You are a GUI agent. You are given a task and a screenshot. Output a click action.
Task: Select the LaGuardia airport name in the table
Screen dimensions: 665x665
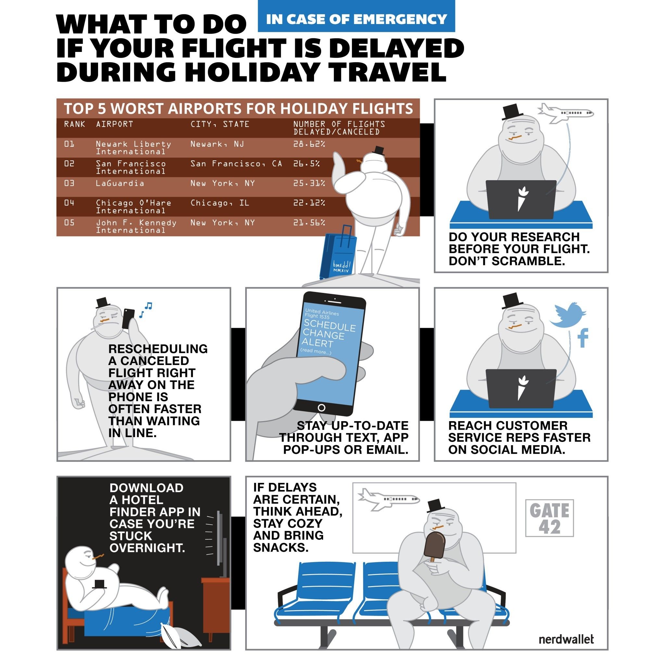[x=120, y=183]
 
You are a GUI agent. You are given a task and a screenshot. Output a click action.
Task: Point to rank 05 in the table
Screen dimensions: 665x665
[x=69, y=223]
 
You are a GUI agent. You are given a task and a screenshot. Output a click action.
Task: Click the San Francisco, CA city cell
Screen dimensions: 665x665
[x=236, y=164]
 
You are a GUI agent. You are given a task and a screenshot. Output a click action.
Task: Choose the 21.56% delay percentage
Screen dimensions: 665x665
[x=309, y=223]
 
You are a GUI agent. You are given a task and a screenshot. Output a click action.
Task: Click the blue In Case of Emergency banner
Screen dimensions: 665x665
[x=356, y=16]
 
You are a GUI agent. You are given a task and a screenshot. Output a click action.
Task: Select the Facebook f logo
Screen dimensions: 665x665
[x=583, y=338]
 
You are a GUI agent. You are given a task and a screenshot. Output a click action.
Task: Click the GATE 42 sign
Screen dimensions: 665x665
[x=549, y=518]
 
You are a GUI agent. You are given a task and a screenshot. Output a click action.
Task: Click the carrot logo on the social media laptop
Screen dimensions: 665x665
[x=522, y=388]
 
